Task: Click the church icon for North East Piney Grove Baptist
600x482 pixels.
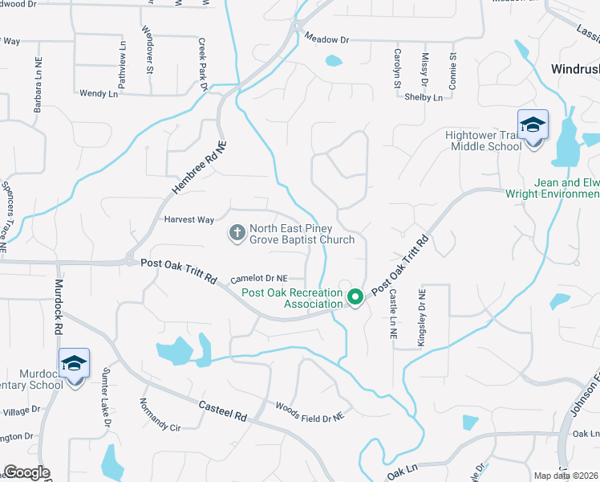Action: pyautogui.click(x=237, y=234)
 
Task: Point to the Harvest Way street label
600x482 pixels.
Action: pyautogui.click(x=189, y=219)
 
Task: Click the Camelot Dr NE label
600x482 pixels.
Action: pyautogui.click(x=258, y=279)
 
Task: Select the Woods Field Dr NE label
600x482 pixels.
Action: pyautogui.click(x=310, y=412)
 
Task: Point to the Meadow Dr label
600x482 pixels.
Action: pyautogui.click(x=329, y=39)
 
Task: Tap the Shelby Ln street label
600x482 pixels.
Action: pyautogui.click(x=424, y=97)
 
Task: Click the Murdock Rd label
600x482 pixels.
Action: pyautogui.click(x=58, y=308)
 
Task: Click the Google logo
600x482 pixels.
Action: pyautogui.click(x=27, y=472)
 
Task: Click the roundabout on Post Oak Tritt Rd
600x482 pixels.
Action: pyautogui.click(x=128, y=260)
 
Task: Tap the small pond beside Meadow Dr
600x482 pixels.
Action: pyautogui.click(x=333, y=60)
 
